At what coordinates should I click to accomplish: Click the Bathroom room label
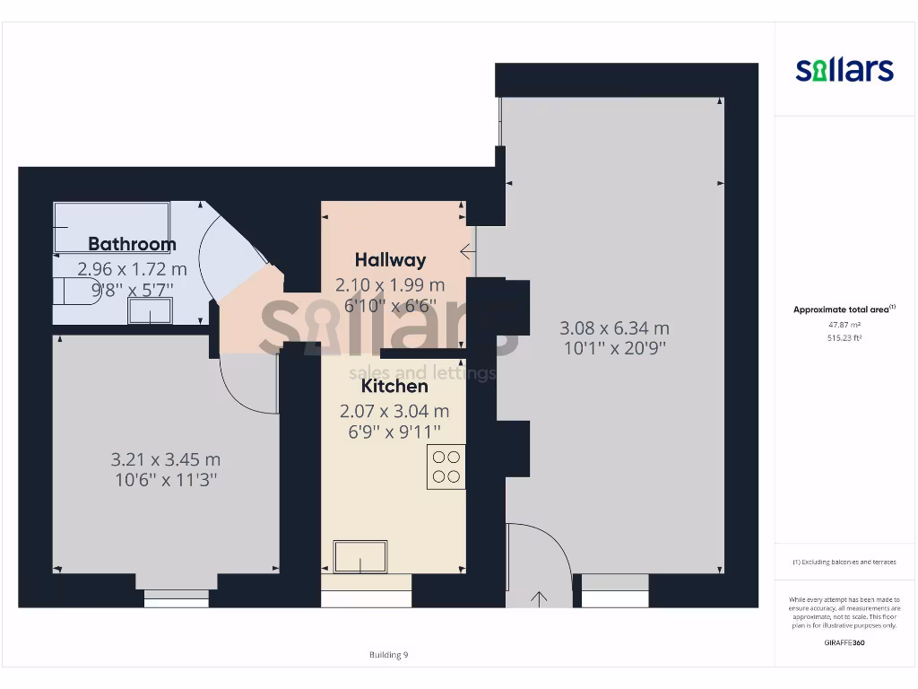[x=132, y=244]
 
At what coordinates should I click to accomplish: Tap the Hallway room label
[x=390, y=260]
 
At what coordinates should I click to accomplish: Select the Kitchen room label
[x=394, y=387]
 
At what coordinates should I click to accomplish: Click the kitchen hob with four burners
[x=446, y=467]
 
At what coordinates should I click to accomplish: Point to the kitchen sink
[x=360, y=556]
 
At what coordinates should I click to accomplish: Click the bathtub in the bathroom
[x=111, y=225]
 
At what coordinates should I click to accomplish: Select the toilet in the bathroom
[x=70, y=292]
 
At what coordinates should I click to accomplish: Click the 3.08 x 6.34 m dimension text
[x=614, y=328]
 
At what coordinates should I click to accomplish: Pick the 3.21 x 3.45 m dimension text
[x=165, y=459]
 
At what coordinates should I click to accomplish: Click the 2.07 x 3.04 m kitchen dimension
[x=394, y=412]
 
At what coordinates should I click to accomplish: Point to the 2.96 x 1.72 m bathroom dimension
[x=132, y=268]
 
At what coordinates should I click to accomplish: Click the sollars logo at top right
[x=844, y=70]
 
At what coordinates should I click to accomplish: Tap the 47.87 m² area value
[x=844, y=325]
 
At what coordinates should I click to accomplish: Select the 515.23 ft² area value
[x=844, y=338]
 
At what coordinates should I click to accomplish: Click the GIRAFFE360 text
[x=844, y=642]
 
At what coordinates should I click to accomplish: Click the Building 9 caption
[x=388, y=655]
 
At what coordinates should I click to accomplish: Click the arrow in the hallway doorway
[x=467, y=251]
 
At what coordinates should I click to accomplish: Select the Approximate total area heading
[x=844, y=310]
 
